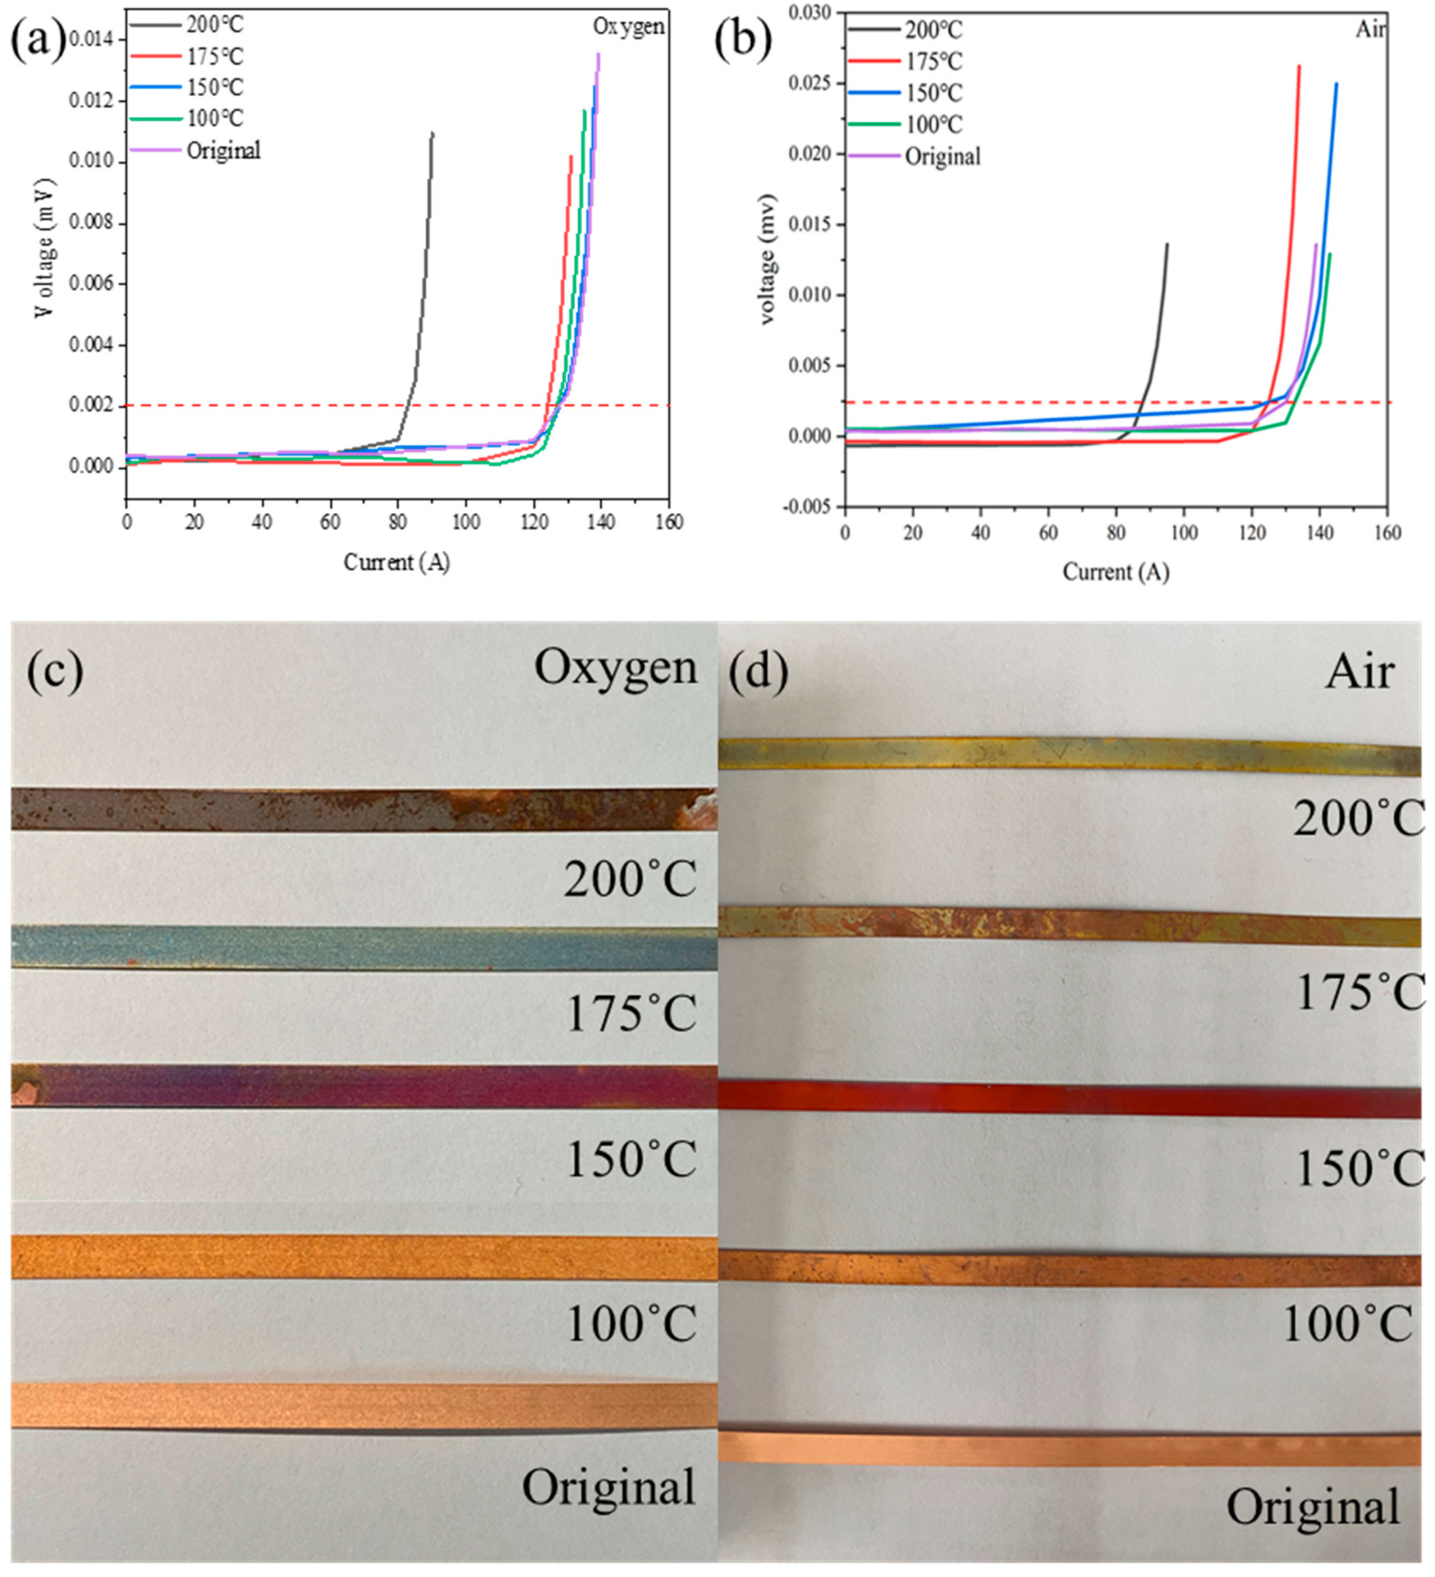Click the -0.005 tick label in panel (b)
(808, 507)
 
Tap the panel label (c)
(55, 671)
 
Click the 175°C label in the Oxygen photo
(630, 1014)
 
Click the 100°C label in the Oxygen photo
(630, 1324)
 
